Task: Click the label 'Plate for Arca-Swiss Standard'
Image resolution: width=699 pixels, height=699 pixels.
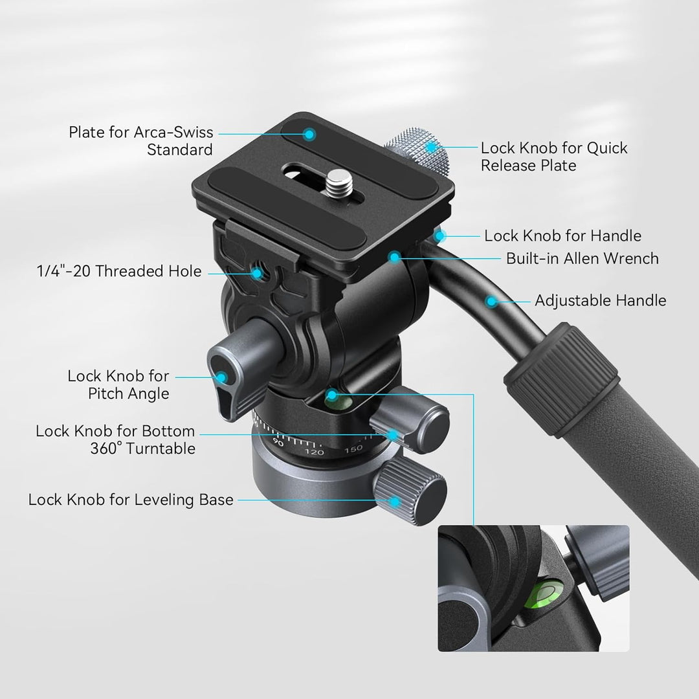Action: (140, 141)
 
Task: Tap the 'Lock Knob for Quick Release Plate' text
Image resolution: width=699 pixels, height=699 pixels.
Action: (554, 157)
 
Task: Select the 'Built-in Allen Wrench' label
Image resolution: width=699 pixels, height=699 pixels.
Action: (582, 259)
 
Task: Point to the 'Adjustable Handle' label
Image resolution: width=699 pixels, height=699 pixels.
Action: (600, 300)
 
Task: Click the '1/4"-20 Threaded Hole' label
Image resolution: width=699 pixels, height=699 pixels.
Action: (119, 272)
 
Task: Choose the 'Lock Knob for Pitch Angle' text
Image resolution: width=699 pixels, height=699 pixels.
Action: (118, 384)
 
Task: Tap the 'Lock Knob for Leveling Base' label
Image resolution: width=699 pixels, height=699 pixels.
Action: (131, 500)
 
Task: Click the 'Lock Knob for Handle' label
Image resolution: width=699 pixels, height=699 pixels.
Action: (562, 236)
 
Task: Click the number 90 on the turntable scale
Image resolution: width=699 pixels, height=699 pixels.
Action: (280, 443)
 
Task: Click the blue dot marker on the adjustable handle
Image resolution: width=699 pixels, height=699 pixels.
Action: (491, 300)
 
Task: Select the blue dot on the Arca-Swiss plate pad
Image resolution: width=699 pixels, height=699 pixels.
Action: (309, 135)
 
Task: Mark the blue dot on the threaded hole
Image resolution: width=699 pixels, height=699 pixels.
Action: (258, 272)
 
